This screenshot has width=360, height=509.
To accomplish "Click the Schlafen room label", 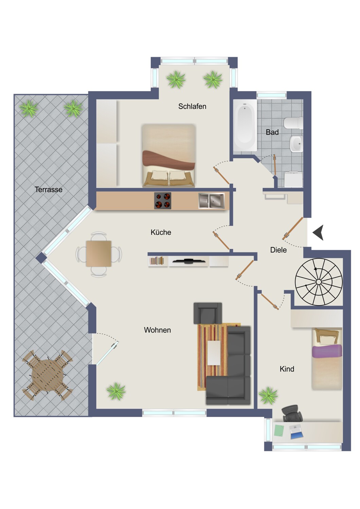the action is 192,106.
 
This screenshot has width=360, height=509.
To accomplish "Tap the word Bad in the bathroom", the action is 272,132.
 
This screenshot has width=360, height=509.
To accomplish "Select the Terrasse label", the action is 49,189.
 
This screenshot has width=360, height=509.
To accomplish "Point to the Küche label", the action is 161,232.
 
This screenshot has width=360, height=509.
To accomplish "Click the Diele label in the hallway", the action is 278,250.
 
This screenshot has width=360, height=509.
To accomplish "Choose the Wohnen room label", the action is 157,330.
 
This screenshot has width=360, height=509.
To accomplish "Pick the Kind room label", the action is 287,369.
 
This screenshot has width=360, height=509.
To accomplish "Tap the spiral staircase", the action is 319,282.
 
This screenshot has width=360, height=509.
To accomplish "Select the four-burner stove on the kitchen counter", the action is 163,201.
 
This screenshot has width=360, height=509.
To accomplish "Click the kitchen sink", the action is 212,201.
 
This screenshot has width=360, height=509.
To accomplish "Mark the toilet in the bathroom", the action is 293,123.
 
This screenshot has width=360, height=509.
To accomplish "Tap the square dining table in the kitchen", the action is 98,254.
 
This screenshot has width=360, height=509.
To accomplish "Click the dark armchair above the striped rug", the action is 208,313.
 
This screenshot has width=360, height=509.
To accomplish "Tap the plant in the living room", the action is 116,391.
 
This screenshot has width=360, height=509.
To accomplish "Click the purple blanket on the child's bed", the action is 327,351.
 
